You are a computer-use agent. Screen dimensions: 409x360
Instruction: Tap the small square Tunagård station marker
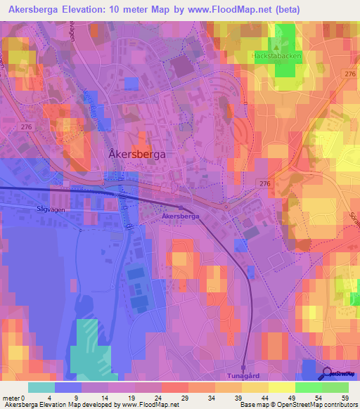coord(243,367)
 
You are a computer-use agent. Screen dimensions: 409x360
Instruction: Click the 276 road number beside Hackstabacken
coord(349,73)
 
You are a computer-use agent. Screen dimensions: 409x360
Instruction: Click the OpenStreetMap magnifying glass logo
coord(328,373)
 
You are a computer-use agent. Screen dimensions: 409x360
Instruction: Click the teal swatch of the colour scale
coord(41,387)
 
